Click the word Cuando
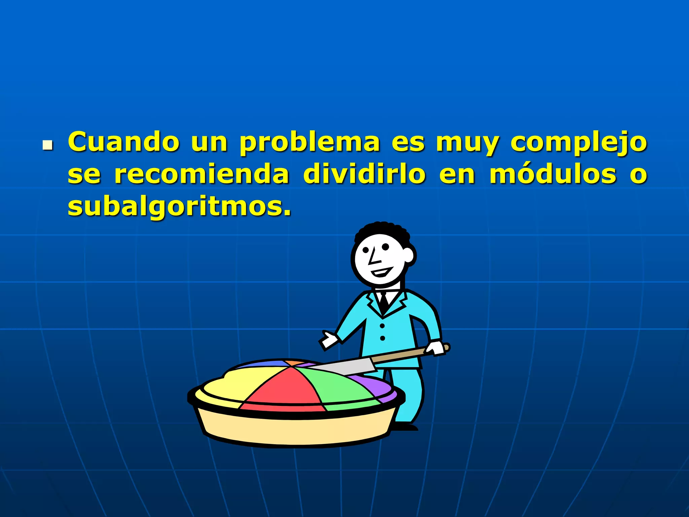pyautogui.click(x=123, y=142)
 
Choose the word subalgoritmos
pyautogui.click(x=179, y=207)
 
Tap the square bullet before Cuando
pyautogui.click(x=48, y=145)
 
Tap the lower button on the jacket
pyautogui.click(x=383, y=338)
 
